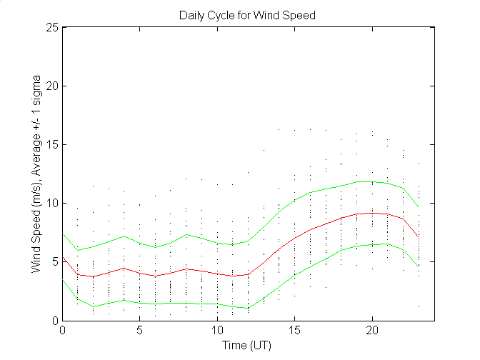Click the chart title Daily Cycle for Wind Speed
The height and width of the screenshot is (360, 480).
click(x=247, y=15)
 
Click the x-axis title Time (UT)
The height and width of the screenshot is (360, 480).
click(x=247, y=346)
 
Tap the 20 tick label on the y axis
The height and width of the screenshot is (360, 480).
click(x=51, y=86)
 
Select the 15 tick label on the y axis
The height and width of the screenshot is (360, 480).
click(x=51, y=144)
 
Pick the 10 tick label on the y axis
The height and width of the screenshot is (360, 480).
click(x=51, y=203)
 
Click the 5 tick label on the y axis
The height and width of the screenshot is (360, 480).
click(x=54, y=261)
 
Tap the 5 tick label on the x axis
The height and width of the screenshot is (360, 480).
click(x=140, y=331)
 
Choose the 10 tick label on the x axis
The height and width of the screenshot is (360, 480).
click(x=217, y=331)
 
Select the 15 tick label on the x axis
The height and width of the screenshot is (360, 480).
click(x=294, y=331)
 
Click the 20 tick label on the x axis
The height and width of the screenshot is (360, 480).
click(x=371, y=331)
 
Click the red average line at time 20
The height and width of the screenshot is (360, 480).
click(x=371, y=213)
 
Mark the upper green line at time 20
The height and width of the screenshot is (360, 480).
click(x=371, y=181)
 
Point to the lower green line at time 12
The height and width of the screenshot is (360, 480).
click(x=248, y=309)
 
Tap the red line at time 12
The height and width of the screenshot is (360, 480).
click(x=248, y=274)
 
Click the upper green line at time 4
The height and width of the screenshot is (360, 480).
click(x=124, y=236)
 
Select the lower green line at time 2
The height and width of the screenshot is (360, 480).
click(x=94, y=306)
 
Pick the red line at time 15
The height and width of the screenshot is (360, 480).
click(x=294, y=239)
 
